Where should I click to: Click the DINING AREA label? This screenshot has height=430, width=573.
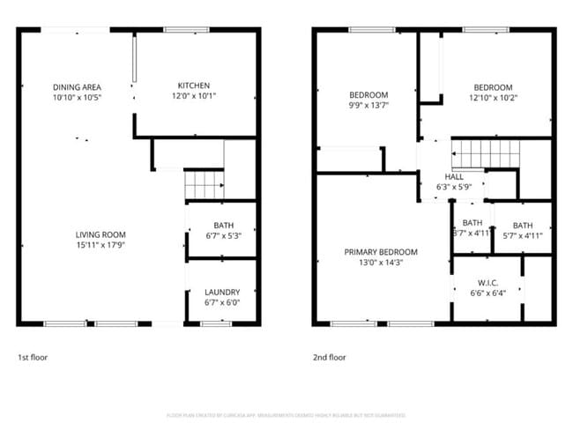pyautogui.click(x=78, y=86)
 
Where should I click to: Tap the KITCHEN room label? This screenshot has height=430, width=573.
pyautogui.click(x=193, y=86)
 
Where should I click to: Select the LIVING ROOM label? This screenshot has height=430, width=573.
pyautogui.click(x=101, y=234)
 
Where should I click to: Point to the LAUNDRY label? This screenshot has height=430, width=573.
pyautogui.click(x=222, y=293)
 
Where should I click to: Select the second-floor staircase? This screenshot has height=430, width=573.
pyautogui.click(x=481, y=155)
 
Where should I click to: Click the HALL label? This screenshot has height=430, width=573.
pyautogui.click(x=454, y=176)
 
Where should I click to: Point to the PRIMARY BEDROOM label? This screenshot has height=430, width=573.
pyautogui.click(x=381, y=252)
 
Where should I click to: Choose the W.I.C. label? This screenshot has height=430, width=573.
pyautogui.click(x=485, y=283)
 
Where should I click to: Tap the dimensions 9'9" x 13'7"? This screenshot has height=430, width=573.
pyautogui.click(x=368, y=105)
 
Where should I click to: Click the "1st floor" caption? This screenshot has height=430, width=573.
pyautogui.click(x=33, y=358)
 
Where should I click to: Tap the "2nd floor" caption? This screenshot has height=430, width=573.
pyautogui.click(x=330, y=358)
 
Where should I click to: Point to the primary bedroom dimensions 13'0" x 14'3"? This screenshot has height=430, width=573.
pyautogui.click(x=381, y=263)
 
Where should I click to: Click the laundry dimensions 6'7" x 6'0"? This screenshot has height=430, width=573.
pyautogui.click(x=222, y=303)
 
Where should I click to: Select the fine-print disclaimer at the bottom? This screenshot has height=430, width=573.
pyautogui.click(x=286, y=414)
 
